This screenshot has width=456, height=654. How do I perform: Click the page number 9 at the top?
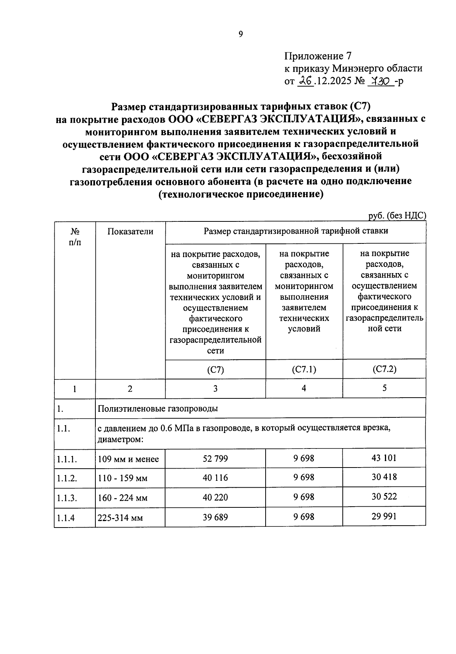point(240,34)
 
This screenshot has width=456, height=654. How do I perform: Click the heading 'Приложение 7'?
point(318,56)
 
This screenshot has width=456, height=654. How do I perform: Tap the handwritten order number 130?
point(381,81)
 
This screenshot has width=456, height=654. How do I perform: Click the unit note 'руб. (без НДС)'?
point(397,216)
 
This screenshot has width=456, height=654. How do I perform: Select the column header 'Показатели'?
point(130,231)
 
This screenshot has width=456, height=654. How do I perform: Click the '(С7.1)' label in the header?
point(304,369)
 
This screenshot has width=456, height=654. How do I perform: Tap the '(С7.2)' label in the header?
point(384,369)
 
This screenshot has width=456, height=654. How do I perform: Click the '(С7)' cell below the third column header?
point(215,370)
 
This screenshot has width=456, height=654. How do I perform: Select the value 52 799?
point(215,458)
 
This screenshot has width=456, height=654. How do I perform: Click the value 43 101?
point(384,458)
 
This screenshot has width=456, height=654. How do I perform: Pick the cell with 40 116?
point(215,478)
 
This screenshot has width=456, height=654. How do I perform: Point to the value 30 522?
point(384,496)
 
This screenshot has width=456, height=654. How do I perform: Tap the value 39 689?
point(215,517)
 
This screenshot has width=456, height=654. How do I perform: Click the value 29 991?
point(384,516)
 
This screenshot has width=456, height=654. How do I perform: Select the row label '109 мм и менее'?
point(128,459)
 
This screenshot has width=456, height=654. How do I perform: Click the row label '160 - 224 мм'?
point(122,498)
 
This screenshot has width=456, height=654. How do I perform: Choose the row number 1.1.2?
point(67,478)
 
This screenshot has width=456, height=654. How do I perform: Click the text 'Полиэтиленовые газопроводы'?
point(158,409)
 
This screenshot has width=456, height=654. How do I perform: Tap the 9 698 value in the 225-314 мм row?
point(304,517)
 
